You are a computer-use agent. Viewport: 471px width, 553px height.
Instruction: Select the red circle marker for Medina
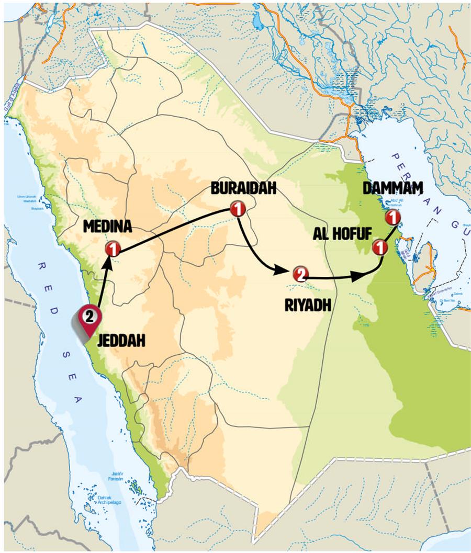pos(111,250)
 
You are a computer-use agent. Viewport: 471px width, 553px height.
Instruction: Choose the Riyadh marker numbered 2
pos(300,274)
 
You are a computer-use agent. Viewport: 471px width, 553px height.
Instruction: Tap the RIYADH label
pos(308,305)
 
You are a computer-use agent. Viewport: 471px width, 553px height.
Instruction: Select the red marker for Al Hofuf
pos(380,246)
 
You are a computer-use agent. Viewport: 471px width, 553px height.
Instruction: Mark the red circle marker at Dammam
pos(391,217)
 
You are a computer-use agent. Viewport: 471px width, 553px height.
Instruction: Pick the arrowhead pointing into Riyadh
pos(282,269)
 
